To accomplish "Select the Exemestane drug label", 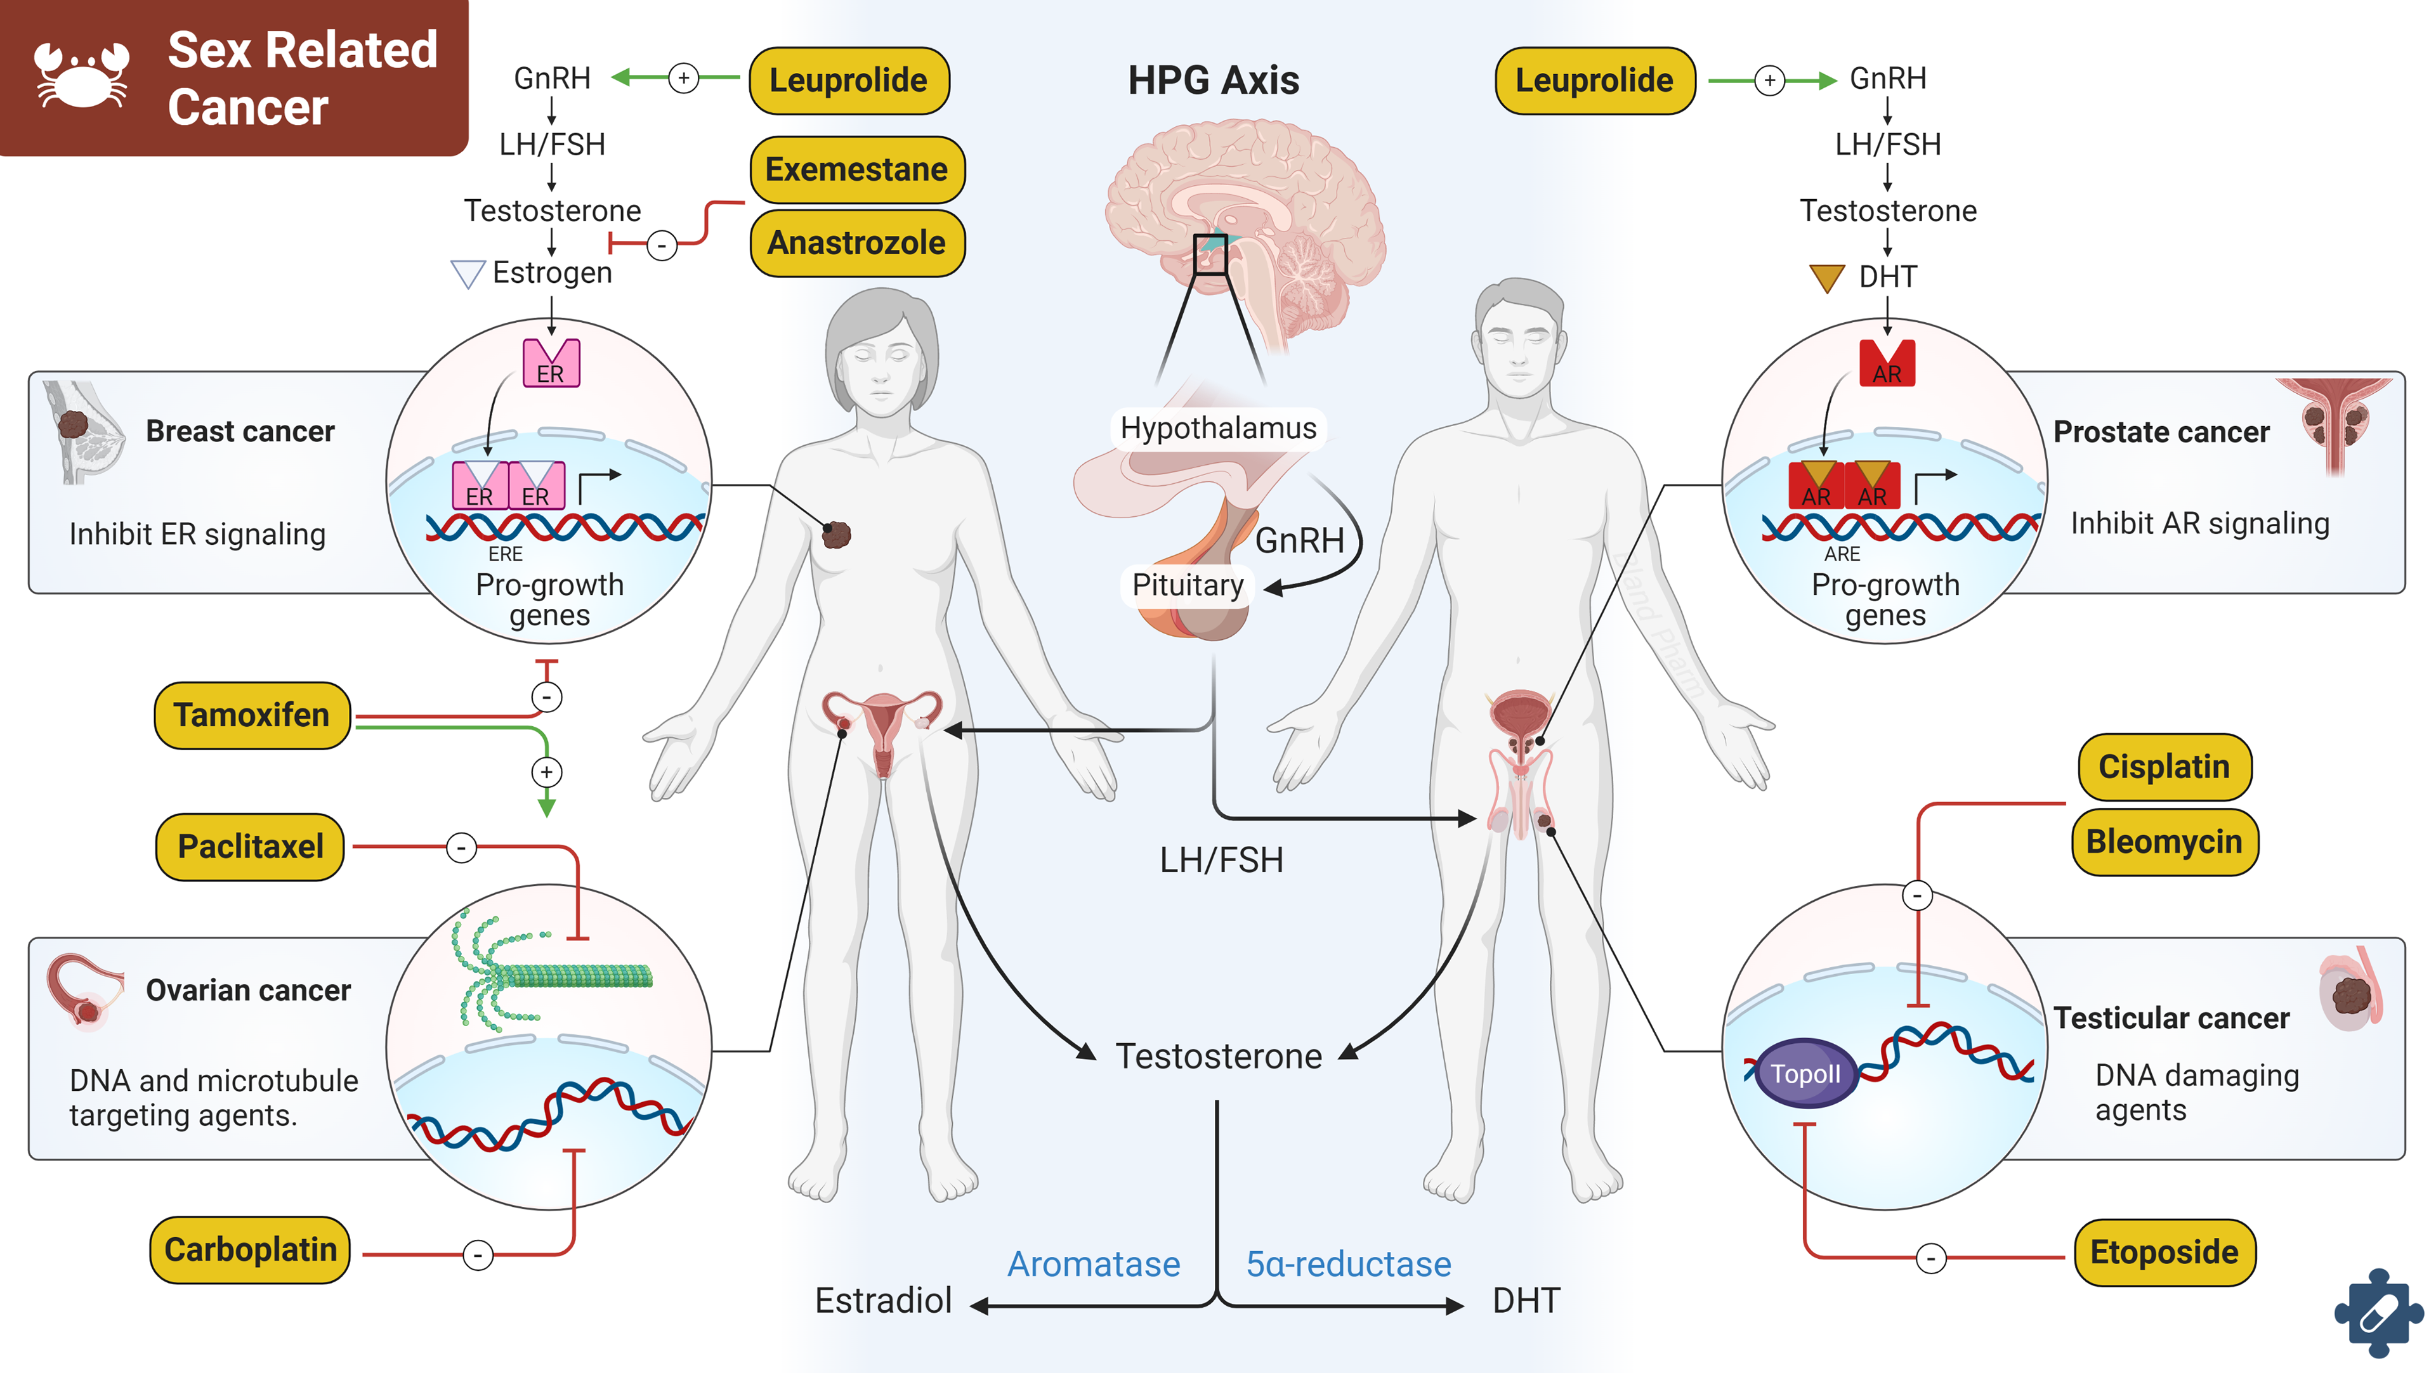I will pyautogui.click(x=857, y=170).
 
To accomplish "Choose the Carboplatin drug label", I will pyautogui.click(x=251, y=1250).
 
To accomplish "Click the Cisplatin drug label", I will pyautogui.click(x=2164, y=767).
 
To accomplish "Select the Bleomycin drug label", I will pyautogui.click(x=2164, y=842).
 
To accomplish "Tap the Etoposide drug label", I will pyautogui.click(x=2164, y=1253).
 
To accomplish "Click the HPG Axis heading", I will pyautogui.click(x=1214, y=81).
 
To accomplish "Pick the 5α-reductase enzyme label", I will pyautogui.click(x=1347, y=1265).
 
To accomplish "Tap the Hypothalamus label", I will pyautogui.click(x=1218, y=428).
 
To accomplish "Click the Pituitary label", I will pyautogui.click(x=1188, y=585).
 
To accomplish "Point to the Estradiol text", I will pyautogui.click(x=883, y=1301).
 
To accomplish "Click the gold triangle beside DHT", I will pyautogui.click(x=1826, y=278).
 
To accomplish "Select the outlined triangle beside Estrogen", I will pyautogui.click(x=467, y=274).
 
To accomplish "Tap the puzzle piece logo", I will pyautogui.click(x=2378, y=1315).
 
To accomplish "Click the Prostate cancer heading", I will pyautogui.click(x=2161, y=432).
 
